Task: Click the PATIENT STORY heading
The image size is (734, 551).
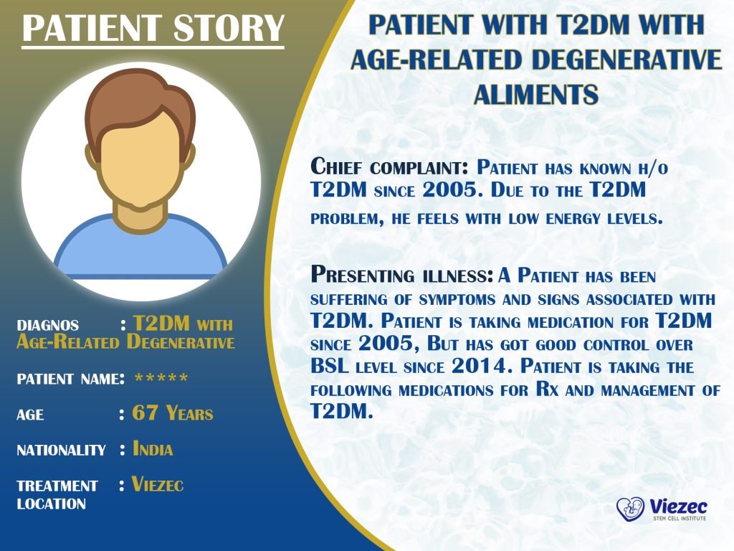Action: (153, 28)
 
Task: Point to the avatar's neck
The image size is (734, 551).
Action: (140, 208)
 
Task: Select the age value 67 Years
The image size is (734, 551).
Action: (173, 413)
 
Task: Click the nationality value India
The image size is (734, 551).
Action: (153, 450)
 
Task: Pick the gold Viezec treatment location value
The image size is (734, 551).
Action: (158, 485)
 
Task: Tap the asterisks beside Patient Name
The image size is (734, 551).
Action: (161, 379)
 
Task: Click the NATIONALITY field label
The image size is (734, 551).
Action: (61, 451)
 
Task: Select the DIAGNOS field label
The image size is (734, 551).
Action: (48, 325)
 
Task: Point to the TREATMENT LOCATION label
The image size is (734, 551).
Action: (57, 494)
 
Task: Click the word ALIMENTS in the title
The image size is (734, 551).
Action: (535, 94)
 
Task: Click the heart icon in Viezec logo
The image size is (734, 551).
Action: (630, 509)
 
